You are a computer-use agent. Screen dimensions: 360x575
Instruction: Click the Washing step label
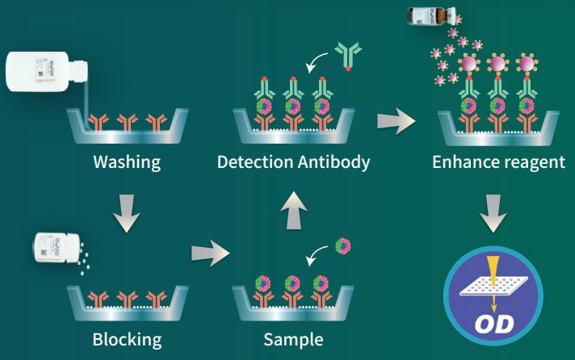click(127, 161)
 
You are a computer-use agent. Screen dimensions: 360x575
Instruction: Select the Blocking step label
click(127, 337)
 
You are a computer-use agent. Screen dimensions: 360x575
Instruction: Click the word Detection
click(254, 161)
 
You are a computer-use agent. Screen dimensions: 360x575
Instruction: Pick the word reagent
click(535, 161)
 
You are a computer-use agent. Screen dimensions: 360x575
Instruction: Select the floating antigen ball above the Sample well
click(343, 245)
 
